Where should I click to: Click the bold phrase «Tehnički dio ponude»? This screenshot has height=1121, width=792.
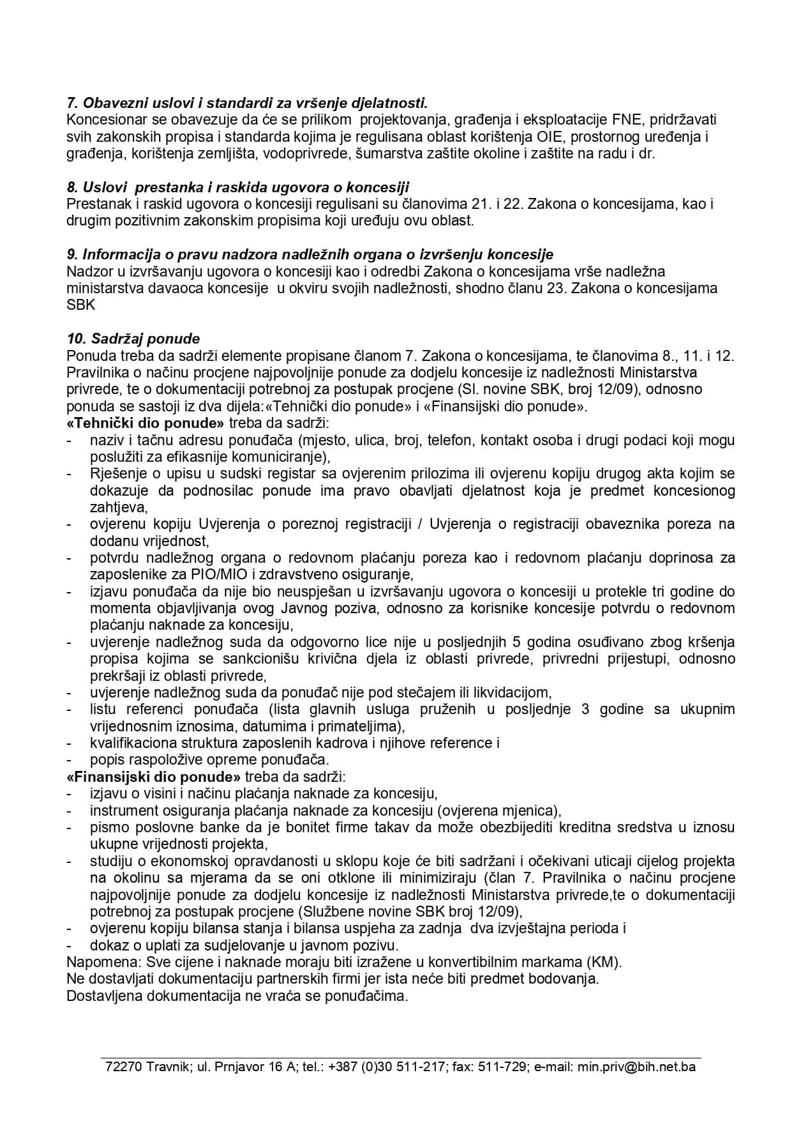pos(146,423)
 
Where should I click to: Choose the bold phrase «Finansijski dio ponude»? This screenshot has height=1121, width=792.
pos(154,777)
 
